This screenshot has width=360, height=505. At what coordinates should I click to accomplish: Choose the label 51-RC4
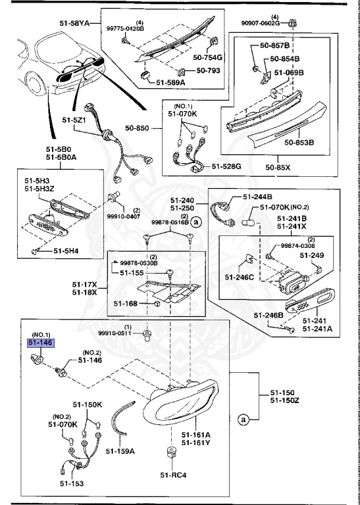[173, 475]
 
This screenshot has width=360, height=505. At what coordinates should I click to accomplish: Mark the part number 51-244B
[259, 197]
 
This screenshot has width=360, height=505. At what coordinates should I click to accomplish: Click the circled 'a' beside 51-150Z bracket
[244, 418]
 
